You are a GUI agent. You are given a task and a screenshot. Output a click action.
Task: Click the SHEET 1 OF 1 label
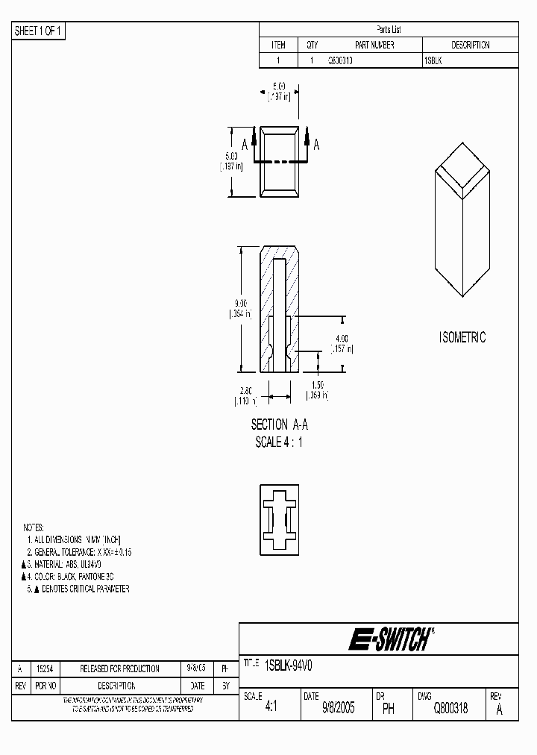39,31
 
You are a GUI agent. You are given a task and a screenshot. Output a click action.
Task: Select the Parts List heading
388,30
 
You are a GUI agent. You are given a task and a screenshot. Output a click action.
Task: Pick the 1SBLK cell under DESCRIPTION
433,61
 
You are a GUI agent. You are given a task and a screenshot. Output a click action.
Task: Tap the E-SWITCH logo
389,639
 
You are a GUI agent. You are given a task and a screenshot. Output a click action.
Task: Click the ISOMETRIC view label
462,337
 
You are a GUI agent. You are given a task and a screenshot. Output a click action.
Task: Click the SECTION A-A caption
280,425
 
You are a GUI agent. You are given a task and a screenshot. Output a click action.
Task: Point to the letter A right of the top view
316,145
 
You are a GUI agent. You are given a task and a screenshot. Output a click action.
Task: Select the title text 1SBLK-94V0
292,662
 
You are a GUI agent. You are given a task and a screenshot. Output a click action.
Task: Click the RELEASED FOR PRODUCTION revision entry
119,669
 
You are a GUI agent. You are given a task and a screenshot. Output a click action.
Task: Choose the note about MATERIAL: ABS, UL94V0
73,565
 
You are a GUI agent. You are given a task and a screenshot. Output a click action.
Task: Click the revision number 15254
45,669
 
